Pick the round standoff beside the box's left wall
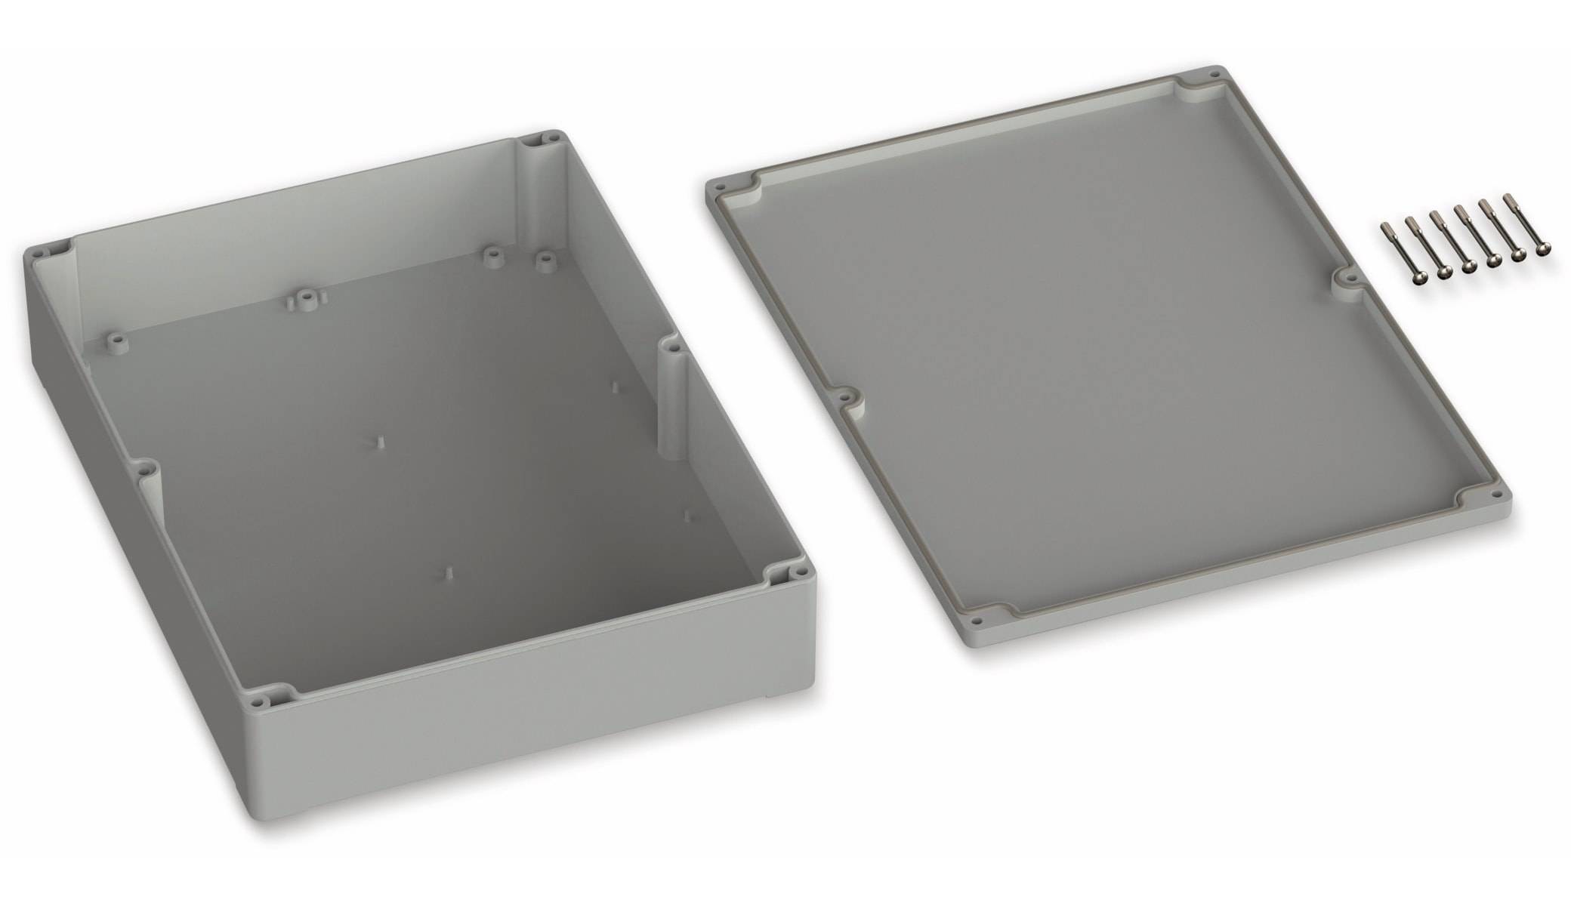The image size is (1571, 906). [116, 341]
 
